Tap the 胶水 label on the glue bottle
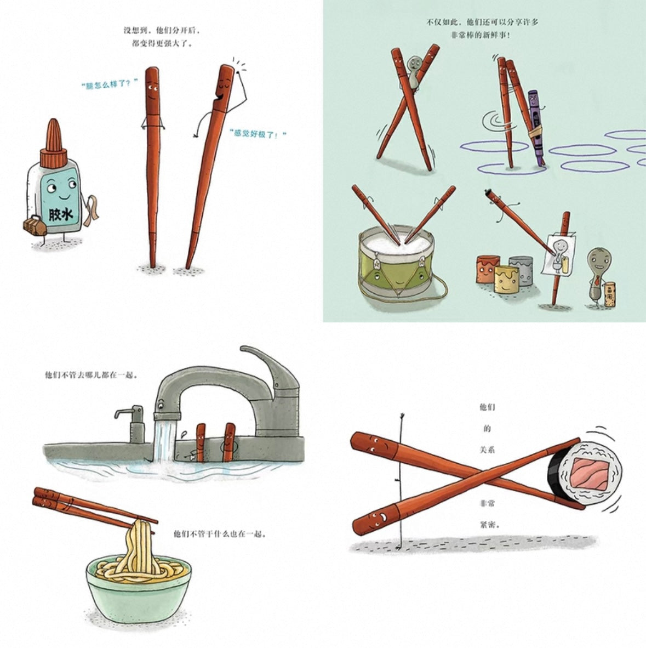pos(60,214)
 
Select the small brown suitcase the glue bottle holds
pos(35,226)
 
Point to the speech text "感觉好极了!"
pos(258,133)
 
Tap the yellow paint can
pos(507,278)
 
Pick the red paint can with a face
pos(488,269)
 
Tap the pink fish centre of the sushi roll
pos(588,473)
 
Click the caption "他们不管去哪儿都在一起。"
pos(91,376)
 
